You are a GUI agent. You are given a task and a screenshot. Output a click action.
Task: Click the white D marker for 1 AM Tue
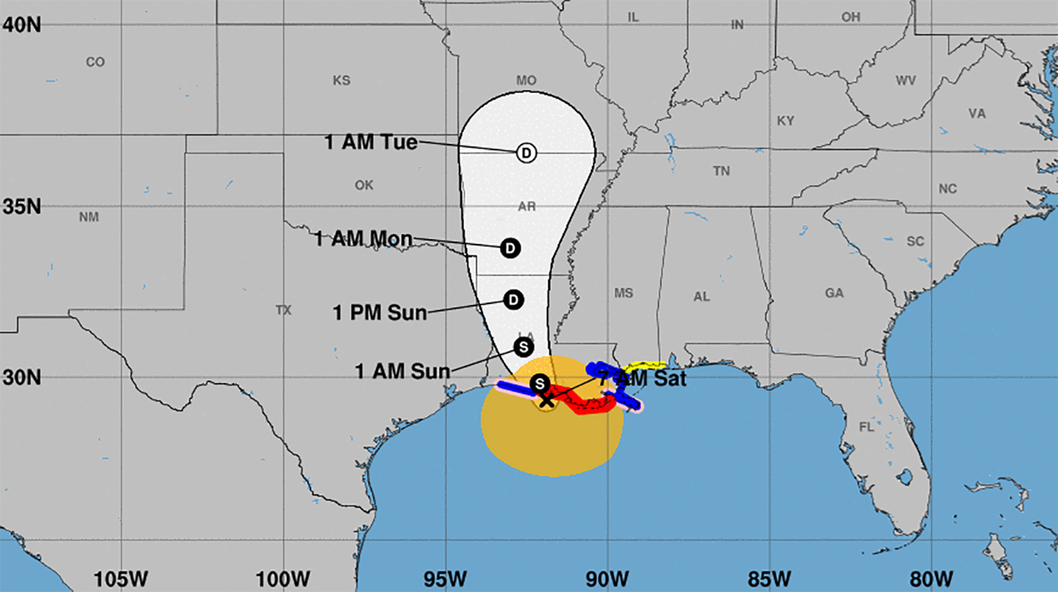tap(526, 152)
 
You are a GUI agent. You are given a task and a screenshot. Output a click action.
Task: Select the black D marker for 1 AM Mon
tap(510, 248)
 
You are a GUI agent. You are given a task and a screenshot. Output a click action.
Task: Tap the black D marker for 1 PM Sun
tap(513, 300)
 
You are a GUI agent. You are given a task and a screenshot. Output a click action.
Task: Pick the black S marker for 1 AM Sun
tap(523, 347)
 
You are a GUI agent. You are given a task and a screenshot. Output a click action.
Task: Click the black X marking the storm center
tap(547, 400)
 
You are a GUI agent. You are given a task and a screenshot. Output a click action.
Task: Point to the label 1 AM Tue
tap(370, 142)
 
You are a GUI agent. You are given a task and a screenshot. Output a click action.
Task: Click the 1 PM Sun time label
tap(379, 313)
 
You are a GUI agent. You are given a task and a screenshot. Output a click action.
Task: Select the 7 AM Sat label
tap(643, 378)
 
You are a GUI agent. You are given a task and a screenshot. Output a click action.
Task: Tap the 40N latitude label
tap(21, 25)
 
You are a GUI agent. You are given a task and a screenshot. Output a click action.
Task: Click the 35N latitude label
tap(21, 207)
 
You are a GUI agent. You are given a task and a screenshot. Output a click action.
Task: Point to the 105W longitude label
tap(121, 579)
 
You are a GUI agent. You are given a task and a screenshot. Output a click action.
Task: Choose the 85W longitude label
tap(770, 579)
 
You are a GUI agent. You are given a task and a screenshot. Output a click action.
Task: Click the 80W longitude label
tap(931, 579)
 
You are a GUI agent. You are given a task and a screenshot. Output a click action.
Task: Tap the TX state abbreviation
tap(284, 310)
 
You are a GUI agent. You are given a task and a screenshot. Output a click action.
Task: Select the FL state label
tap(866, 427)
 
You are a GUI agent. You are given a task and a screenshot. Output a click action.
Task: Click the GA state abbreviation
tap(834, 293)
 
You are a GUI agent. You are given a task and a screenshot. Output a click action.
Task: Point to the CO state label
tap(95, 62)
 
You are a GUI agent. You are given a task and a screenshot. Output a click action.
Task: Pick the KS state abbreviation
tap(341, 80)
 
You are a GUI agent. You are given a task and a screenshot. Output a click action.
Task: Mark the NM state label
tap(89, 217)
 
